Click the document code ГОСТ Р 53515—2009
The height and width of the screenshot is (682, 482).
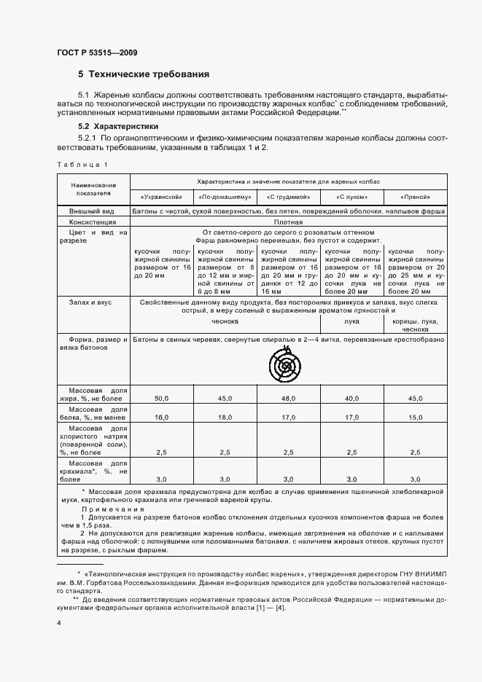coord(96,52)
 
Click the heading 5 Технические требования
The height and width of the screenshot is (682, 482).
coord(144,74)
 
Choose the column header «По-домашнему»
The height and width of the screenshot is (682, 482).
coord(225,197)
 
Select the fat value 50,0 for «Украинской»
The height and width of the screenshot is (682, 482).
coord(161,399)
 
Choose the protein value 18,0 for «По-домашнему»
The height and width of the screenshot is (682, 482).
coord(225,418)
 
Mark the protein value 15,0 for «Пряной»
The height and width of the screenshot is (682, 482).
coord(415,418)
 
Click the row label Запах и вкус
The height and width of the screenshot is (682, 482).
coord(90,300)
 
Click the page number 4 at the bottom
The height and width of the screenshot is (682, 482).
coord(59,624)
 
